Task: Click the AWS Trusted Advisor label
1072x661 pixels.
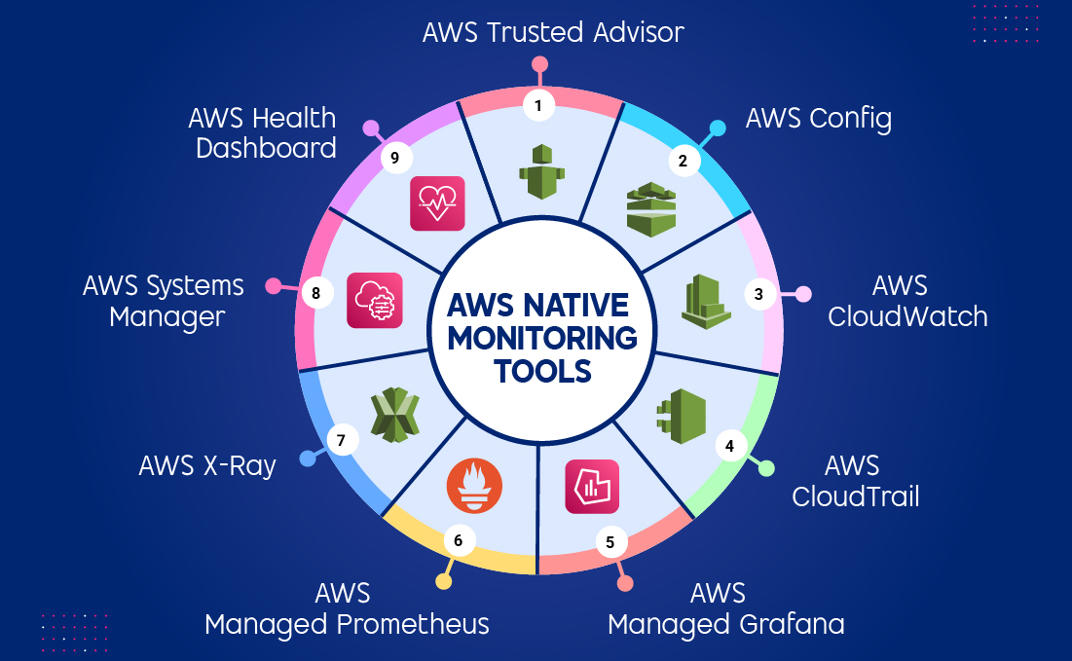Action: point(553,31)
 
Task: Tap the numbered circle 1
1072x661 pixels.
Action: point(537,105)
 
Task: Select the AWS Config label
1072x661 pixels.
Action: point(818,119)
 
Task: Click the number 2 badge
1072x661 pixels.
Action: point(683,162)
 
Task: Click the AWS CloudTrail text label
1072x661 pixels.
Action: point(855,480)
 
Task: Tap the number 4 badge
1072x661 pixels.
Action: point(729,446)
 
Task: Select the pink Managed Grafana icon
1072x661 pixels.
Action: point(592,486)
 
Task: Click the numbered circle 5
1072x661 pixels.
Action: point(610,542)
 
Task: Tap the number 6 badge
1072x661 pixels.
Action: point(459,538)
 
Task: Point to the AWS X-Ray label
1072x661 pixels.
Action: point(207,465)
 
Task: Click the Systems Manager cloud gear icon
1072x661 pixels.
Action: point(374,300)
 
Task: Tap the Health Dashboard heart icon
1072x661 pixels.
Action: point(437,202)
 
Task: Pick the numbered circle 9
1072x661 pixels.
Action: point(396,159)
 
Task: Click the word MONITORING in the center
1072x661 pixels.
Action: point(541,339)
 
